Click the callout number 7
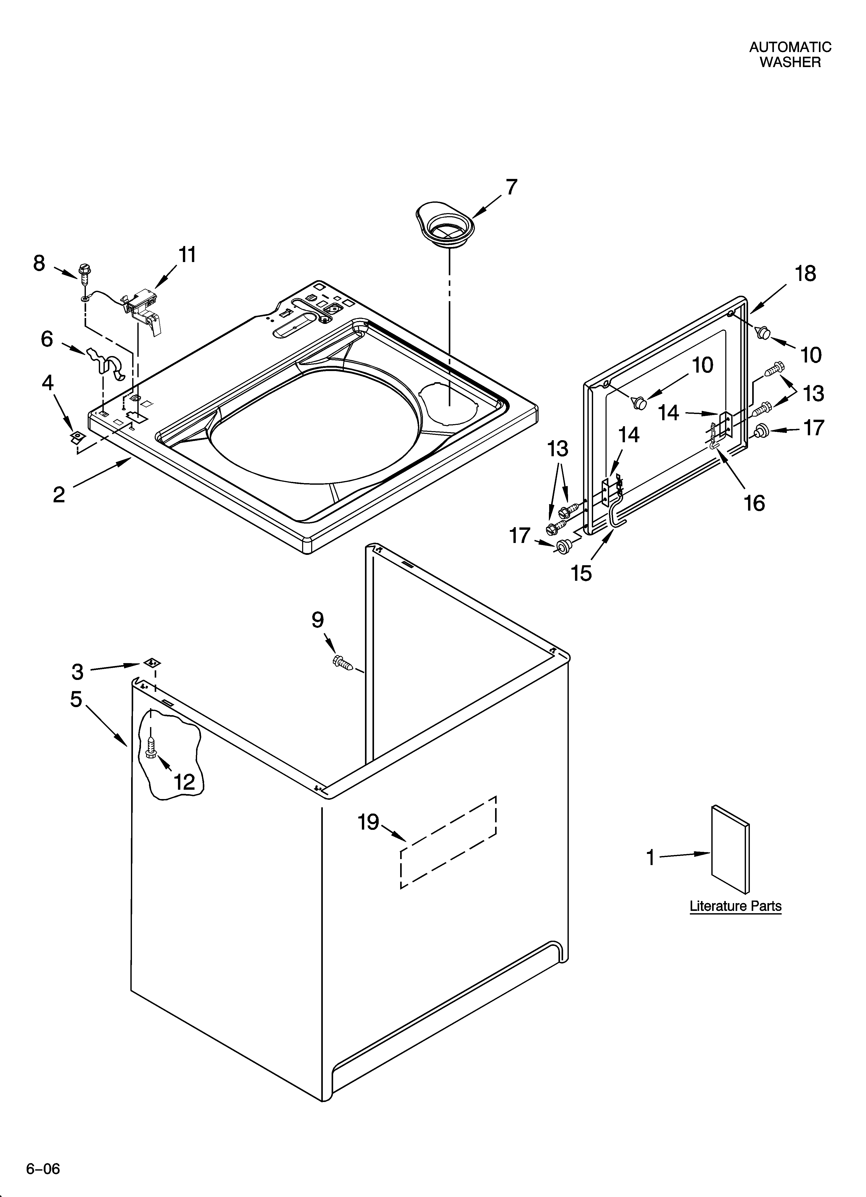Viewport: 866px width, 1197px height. point(511,187)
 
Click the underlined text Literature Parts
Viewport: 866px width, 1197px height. point(735,906)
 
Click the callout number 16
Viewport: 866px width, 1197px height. point(754,503)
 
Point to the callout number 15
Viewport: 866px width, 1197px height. point(582,573)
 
